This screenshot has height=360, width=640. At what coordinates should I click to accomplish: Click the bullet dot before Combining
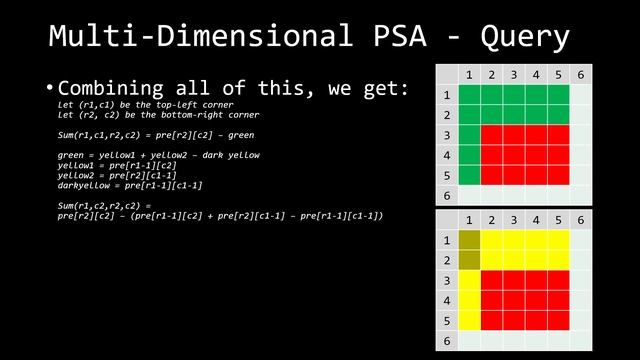click(x=49, y=89)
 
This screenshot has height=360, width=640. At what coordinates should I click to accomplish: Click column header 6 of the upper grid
click(x=581, y=74)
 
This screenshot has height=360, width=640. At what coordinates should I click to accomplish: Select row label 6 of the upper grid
click(x=447, y=195)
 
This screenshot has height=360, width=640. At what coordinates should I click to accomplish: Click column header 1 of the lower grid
click(x=470, y=220)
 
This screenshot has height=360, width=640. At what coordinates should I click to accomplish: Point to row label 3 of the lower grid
click(x=447, y=281)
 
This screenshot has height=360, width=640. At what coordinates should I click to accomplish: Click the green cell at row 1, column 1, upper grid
click(x=470, y=95)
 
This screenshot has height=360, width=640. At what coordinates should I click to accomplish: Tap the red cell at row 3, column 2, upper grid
click(x=492, y=135)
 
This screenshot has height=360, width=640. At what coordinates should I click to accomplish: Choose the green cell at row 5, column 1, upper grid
click(x=470, y=175)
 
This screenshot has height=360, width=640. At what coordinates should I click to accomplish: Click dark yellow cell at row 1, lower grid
click(x=470, y=241)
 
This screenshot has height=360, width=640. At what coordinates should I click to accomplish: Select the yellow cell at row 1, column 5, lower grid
click(x=558, y=241)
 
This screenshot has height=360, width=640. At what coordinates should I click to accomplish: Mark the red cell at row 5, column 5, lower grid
click(x=558, y=321)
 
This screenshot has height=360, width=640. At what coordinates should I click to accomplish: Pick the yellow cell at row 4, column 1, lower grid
click(x=470, y=301)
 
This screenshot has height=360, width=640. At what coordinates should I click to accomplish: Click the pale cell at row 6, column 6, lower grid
click(x=581, y=340)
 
